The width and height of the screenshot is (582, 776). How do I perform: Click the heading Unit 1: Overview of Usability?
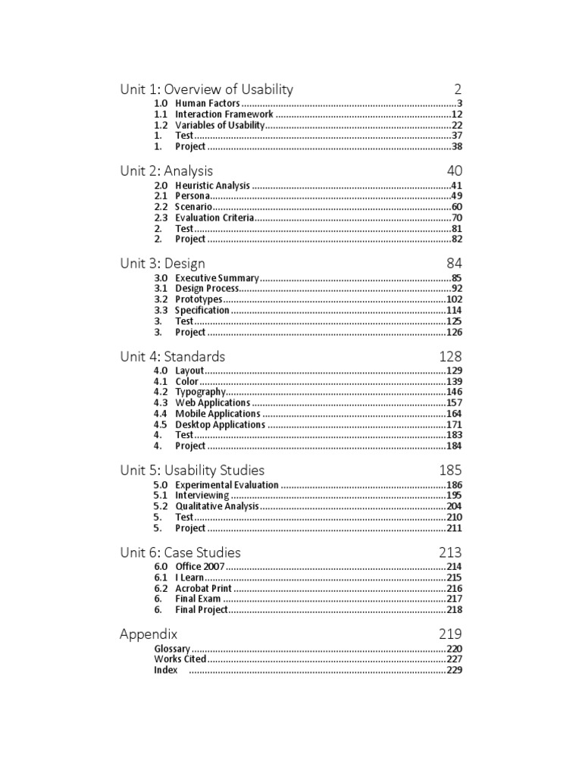point(206,89)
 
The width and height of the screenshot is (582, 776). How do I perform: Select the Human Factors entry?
point(208,103)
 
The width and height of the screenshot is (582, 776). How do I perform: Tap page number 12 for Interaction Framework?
point(456,114)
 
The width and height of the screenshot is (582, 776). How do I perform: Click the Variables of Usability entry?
point(220,125)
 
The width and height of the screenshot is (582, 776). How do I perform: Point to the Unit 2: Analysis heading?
point(166,171)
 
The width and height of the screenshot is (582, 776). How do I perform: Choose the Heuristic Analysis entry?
point(212,185)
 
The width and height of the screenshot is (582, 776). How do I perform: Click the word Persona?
point(192,196)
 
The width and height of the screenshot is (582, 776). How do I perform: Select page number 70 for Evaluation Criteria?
point(456,217)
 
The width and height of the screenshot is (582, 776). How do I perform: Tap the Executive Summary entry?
point(217,278)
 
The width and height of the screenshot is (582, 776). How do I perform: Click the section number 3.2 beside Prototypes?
point(161,299)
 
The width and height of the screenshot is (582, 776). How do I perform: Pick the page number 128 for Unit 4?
point(450,357)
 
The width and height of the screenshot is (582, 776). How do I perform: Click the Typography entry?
point(200,392)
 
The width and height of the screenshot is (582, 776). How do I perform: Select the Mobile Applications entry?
point(217,414)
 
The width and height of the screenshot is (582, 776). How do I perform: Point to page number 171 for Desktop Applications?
point(453,424)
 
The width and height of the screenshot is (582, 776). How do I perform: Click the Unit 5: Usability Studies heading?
point(192,471)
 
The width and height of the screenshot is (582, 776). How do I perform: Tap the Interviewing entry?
point(202,496)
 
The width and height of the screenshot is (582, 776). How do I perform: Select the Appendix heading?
point(149,634)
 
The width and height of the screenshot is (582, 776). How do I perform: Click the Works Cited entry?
point(180,659)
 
